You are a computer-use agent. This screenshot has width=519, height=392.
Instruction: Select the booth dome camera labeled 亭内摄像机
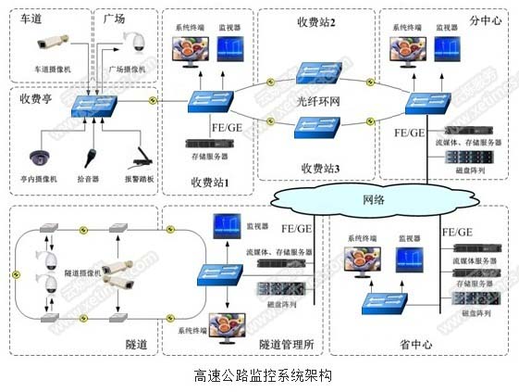pos(40,157)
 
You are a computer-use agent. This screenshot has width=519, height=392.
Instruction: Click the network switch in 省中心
pos(373,301)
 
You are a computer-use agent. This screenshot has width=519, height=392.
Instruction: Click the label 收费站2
pos(315,21)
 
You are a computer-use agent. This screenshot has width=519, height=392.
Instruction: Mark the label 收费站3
pos(319,168)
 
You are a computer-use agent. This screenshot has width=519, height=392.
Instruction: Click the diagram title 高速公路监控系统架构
pos(262,376)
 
